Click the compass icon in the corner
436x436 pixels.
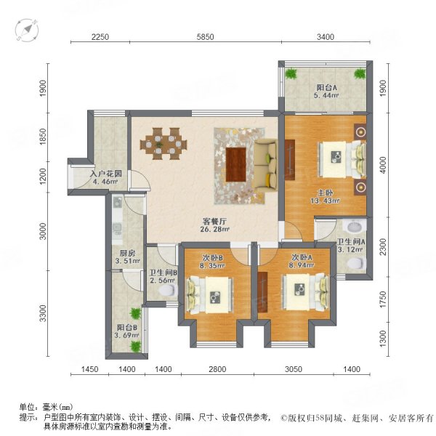27,29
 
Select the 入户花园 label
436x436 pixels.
105,174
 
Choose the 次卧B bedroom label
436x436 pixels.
214,257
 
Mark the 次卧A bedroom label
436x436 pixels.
301,257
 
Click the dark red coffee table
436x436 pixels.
237,163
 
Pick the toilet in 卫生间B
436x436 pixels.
168,290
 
